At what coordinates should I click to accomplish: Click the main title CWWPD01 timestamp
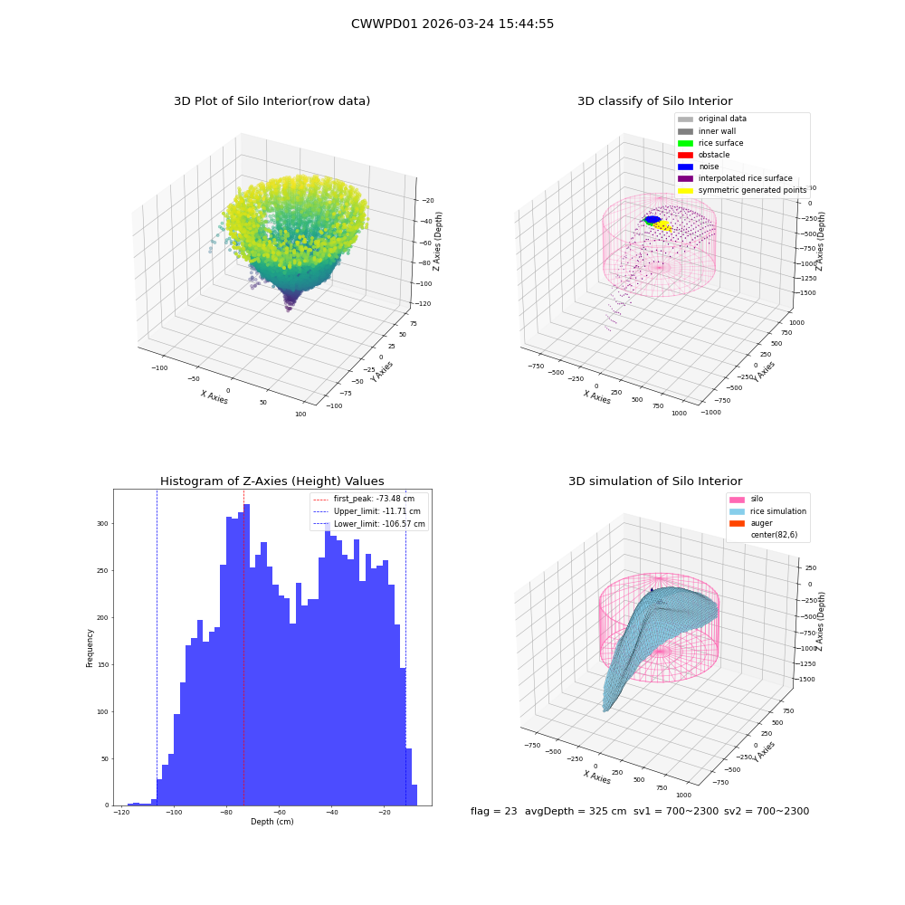tap(452, 24)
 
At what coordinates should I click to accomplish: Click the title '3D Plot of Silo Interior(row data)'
tap(271, 101)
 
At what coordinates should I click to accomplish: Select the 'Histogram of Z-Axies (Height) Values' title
tap(271, 481)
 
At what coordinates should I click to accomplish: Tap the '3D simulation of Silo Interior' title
tap(655, 481)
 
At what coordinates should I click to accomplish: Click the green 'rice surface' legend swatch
tap(685, 143)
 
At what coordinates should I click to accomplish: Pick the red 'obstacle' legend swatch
tap(685, 155)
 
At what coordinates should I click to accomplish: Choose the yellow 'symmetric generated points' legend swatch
tap(685, 190)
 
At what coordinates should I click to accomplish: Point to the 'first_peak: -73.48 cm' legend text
tap(374, 499)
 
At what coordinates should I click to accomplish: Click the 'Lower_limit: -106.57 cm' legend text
tap(379, 524)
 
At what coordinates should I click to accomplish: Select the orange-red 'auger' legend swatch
tap(737, 523)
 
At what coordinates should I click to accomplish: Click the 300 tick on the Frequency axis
tap(102, 523)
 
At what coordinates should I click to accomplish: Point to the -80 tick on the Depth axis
tap(226, 812)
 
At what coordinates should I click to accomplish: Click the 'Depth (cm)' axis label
tap(272, 822)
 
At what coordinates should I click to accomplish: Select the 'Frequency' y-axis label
tap(90, 648)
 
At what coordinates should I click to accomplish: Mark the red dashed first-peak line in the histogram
tap(243, 647)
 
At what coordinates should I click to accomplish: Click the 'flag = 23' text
tap(494, 811)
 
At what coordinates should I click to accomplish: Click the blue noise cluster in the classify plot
tap(653, 219)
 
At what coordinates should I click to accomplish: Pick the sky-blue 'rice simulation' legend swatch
tap(737, 511)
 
